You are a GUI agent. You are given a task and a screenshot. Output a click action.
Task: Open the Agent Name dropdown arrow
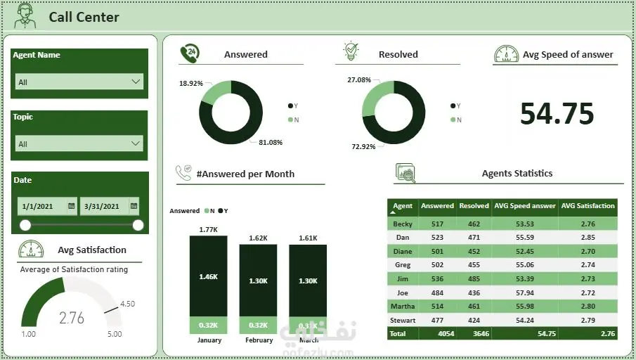[136, 82]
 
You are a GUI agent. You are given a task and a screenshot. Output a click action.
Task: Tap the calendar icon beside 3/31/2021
[133, 206]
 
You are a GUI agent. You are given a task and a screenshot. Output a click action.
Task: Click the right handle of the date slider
[138, 225]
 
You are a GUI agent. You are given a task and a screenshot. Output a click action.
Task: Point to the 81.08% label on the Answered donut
[271, 142]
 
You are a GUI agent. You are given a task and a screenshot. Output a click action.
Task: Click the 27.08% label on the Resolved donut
[359, 80]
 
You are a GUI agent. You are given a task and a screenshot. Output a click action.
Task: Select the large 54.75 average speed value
[557, 114]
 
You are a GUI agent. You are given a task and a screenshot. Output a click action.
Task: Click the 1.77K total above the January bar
[208, 229]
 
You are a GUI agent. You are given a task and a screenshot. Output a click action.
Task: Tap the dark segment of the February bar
[258, 281]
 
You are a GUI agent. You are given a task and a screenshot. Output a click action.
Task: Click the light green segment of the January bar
[208, 325]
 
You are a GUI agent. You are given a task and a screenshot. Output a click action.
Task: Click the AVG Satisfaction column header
[588, 206]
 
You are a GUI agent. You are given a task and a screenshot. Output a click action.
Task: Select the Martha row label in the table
[403, 306]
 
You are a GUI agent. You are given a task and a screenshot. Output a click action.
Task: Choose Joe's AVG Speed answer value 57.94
[524, 292]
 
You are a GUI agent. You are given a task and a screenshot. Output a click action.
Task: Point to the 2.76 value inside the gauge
[72, 318]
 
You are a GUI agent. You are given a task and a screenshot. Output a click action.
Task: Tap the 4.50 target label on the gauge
[127, 304]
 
